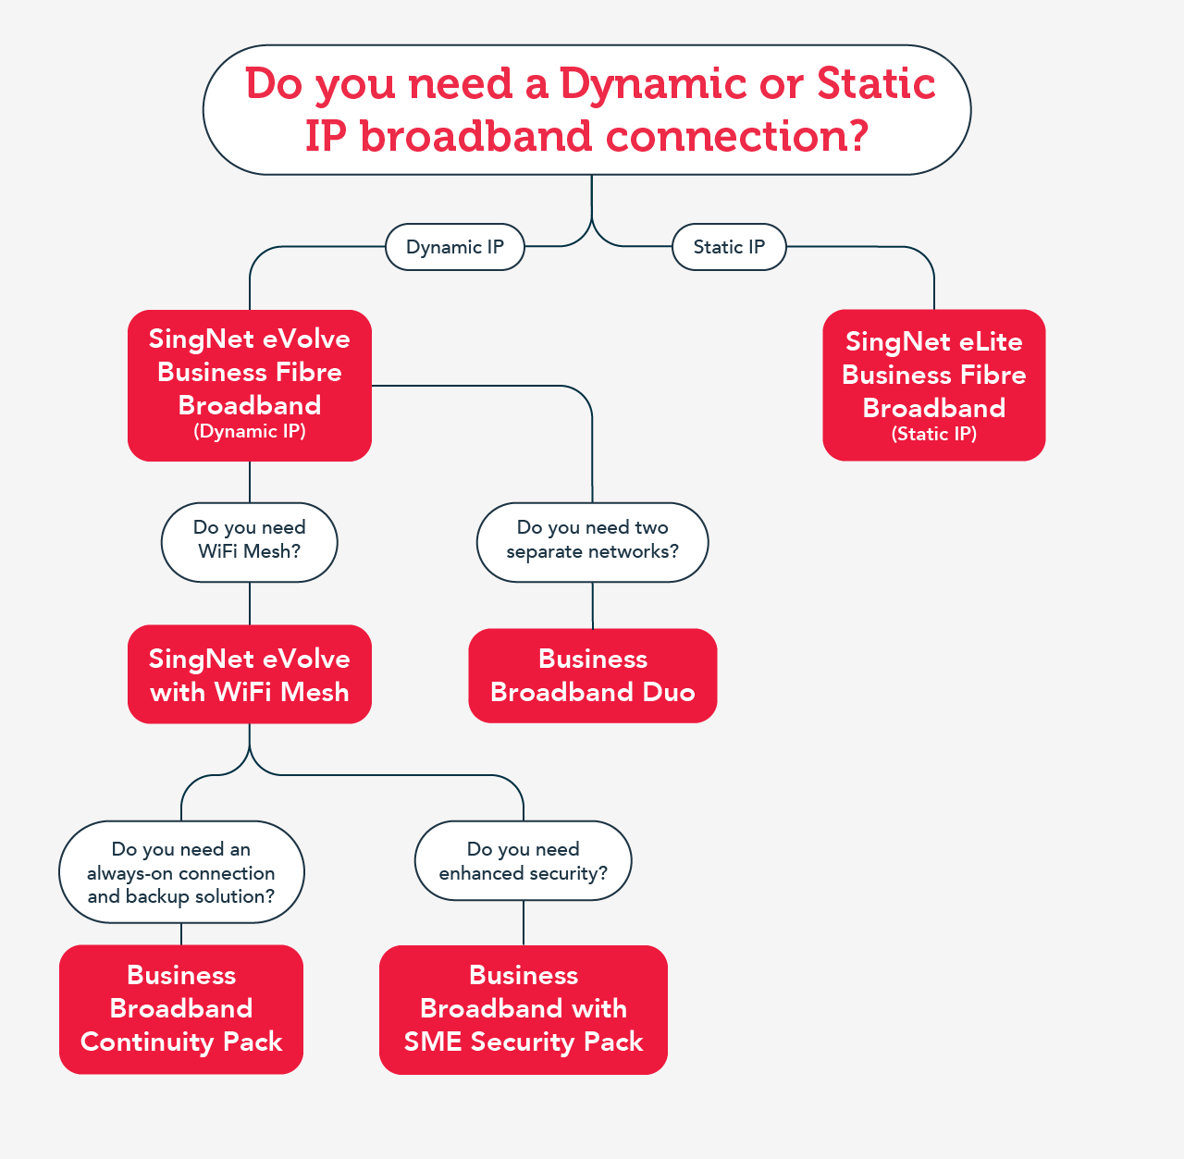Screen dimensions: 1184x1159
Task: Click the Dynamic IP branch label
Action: point(455,247)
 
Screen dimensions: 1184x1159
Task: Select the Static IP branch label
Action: point(729,247)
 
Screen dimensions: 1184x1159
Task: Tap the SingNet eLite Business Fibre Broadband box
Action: point(934,386)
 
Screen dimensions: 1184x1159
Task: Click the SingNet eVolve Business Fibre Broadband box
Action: point(250,386)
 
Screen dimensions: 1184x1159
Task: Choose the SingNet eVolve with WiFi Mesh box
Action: point(250,674)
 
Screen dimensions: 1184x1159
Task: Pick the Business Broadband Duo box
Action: point(593,675)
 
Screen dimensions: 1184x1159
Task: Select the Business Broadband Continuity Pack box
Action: point(181,1009)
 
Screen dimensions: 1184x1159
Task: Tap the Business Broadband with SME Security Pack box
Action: point(524,1009)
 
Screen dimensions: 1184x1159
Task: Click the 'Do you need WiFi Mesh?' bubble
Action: point(250,542)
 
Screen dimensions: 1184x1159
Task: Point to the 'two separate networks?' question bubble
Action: point(593,542)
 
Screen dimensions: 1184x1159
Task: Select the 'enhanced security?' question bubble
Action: point(524,860)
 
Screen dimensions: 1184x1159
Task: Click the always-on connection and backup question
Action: point(181,872)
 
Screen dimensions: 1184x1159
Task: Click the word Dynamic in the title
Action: point(652,84)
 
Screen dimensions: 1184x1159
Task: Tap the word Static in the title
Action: point(876,83)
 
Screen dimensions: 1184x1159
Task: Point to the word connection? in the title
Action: point(737,136)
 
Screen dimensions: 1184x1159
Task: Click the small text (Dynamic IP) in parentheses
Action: point(250,431)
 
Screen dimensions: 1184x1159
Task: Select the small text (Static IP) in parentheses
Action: point(934,434)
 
